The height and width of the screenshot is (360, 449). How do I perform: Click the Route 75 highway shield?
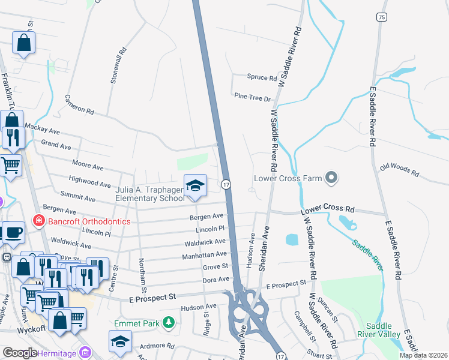tap(382, 18)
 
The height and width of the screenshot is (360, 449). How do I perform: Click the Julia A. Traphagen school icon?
tap(195, 186)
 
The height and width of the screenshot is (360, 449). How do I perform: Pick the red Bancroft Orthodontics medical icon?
tap(39, 221)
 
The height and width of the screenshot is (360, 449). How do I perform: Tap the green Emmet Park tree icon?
tap(169, 323)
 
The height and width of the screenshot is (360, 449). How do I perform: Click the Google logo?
tap(20, 353)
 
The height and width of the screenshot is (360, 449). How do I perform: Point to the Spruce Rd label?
tap(262, 78)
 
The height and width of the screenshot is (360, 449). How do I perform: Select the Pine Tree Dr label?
tap(253, 97)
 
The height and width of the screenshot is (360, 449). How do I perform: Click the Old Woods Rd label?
tap(399, 169)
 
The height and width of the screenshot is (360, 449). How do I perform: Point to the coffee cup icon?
tap(13, 232)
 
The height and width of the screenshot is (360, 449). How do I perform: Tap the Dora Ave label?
tap(215, 279)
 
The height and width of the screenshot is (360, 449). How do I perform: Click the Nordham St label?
tap(142, 271)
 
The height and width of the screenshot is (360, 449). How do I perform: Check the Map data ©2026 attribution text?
tap(423, 355)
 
